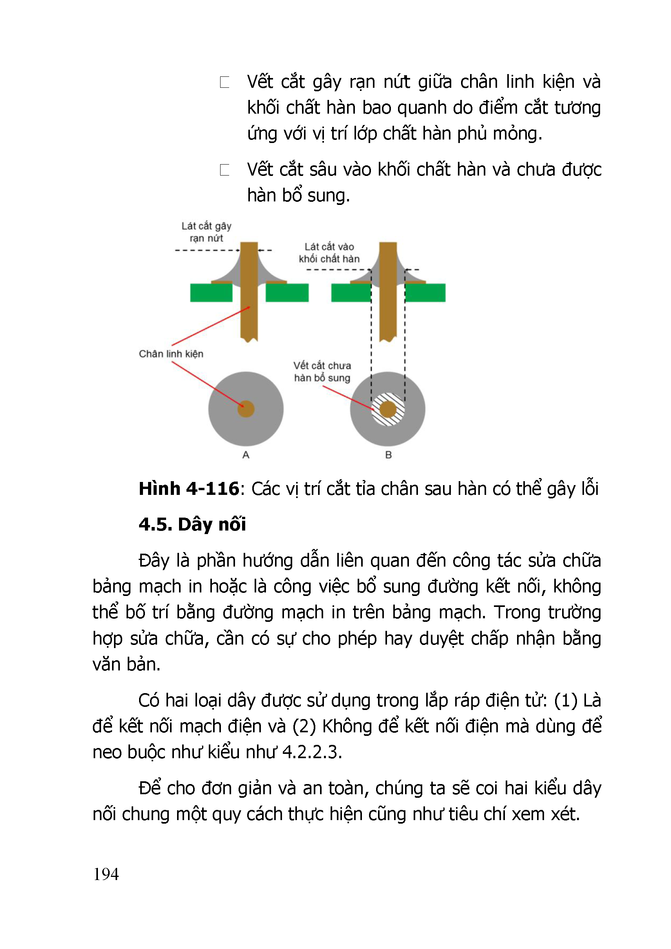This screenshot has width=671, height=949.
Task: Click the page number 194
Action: pyautogui.click(x=106, y=875)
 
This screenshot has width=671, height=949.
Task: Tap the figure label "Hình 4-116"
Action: pyautogui.click(x=189, y=489)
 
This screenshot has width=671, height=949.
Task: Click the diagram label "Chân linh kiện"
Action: pyautogui.click(x=171, y=354)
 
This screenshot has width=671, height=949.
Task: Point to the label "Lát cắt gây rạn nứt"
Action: pyautogui.click(x=206, y=232)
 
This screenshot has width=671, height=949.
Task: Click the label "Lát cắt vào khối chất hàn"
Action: pyautogui.click(x=329, y=253)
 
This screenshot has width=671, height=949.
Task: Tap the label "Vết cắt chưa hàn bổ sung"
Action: pyautogui.click(x=322, y=371)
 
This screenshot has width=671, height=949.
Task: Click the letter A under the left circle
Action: pyautogui.click(x=246, y=455)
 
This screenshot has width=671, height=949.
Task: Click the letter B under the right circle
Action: pyautogui.click(x=389, y=455)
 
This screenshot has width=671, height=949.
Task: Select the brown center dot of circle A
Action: pyautogui.click(x=246, y=409)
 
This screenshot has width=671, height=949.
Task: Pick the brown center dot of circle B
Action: pyautogui.click(x=388, y=409)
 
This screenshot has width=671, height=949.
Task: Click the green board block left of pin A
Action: pyautogui.click(x=211, y=293)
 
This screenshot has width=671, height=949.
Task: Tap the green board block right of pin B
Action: pyautogui.click(x=425, y=293)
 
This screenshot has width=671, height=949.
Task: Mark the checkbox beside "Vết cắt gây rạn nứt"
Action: pyautogui.click(x=225, y=82)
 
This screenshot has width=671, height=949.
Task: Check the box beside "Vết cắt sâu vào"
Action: pyautogui.click(x=225, y=170)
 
